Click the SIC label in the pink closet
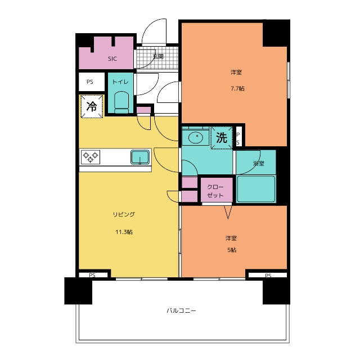click(112, 58)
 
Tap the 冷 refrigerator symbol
click(92, 106)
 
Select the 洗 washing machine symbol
click(222, 138)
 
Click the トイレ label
click(120, 82)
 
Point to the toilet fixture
click(121, 102)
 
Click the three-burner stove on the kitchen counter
click(91, 157)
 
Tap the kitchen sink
click(140, 157)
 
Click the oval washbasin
click(196, 137)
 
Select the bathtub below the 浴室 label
click(256, 189)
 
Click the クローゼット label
click(215, 191)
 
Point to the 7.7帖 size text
click(237, 88)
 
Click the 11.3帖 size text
click(124, 232)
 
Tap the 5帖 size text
click(232, 250)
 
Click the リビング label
click(124, 214)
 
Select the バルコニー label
click(181, 310)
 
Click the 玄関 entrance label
click(158, 56)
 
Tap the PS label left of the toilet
click(90, 82)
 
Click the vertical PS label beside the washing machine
click(238, 139)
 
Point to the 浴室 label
click(259, 163)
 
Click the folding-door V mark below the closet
click(228, 212)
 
